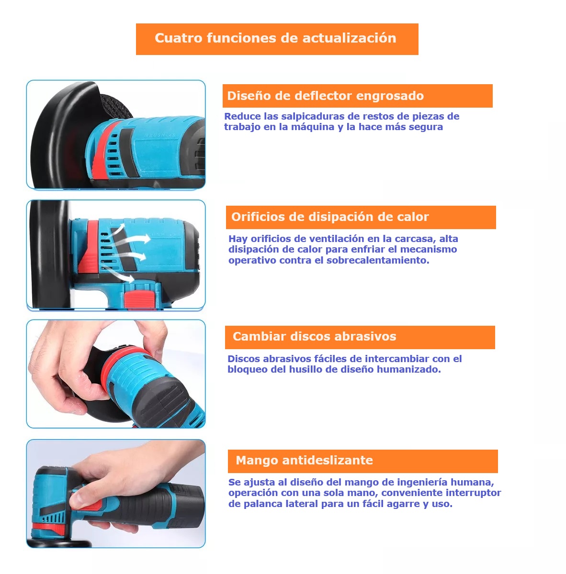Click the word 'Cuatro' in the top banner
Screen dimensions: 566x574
point(178,38)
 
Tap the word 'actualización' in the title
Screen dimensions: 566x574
point(349,38)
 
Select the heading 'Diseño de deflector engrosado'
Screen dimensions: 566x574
point(325,96)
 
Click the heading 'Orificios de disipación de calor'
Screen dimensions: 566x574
point(330,217)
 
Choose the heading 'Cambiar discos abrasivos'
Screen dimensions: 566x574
point(314,336)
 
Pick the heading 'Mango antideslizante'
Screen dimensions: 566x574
point(304,460)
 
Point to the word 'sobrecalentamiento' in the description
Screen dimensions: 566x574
point(377,260)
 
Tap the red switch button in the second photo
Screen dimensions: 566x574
point(139,299)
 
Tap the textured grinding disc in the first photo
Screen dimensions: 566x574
point(117,106)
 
